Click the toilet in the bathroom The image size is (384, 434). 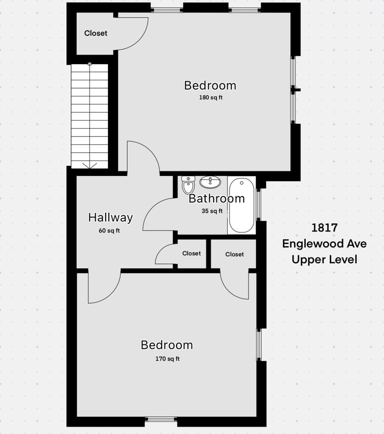pos(188,185)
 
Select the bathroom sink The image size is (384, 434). pos(210,182)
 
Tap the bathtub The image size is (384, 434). pos(241,206)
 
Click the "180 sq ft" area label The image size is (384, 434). pos(210,97)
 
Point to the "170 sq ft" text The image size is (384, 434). pos(167,359)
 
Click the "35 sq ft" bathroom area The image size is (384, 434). pos(212,211)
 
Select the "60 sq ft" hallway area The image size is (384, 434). pos(109,231)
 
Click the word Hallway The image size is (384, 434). pos(110,217)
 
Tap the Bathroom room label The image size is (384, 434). pos(216,198)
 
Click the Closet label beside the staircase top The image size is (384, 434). pos(96,33)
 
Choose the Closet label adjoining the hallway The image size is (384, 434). pos(191,254)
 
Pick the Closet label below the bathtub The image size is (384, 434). pos(234,254)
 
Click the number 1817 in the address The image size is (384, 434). pos(324,227)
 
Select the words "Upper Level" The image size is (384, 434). pos(324,259)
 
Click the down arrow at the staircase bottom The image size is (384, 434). pos(89,165)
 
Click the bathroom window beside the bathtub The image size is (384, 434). pos(258,204)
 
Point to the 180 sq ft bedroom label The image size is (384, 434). pos(210,85)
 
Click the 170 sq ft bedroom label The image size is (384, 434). pos(167,345)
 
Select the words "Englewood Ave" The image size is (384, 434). pos(324,244)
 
